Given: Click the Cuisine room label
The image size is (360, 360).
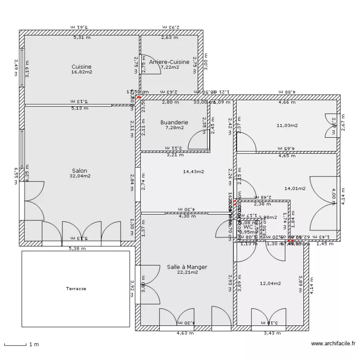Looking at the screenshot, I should (x=82, y=67).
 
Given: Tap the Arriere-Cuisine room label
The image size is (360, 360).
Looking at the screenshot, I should (x=169, y=62).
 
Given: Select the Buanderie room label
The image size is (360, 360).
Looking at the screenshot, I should (x=174, y=122).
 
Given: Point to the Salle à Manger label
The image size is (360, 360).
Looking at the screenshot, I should (x=187, y=266).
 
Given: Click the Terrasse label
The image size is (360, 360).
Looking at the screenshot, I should (x=76, y=289).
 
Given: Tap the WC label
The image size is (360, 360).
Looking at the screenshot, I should (x=248, y=227).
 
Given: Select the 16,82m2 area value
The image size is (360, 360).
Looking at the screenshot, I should (x=82, y=72).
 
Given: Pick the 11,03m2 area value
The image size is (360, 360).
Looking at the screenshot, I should (x=287, y=126).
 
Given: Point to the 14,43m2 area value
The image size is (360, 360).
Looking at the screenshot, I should (x=193, y=171).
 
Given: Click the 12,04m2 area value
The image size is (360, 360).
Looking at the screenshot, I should (x=270, y=283).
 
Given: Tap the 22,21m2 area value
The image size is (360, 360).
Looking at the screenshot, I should (x=187, y=272).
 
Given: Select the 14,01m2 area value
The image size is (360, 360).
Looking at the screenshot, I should (x=295, y=189).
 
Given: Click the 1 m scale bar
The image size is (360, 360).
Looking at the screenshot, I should (x=15, y=344).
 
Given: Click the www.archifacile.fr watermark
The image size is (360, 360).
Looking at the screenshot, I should (x=333, y=344).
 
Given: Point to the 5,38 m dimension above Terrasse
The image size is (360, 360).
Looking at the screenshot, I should (x=77, y=249).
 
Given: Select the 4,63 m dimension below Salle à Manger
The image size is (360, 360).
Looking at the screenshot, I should (x=185, y=333).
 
